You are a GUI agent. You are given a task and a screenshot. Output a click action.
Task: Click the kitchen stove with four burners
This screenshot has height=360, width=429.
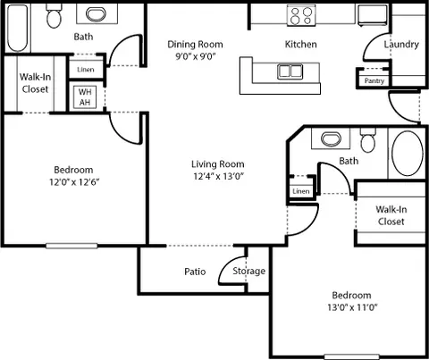click(301, 15)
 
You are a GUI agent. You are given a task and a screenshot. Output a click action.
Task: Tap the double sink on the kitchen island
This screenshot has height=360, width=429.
click(290, 71)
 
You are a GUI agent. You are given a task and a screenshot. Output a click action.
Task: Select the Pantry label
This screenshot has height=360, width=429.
click(374, 80)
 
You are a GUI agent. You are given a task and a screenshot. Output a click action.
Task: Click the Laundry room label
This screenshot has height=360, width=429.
click(401, 45)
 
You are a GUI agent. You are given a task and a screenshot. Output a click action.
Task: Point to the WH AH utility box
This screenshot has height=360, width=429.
click(85, 97)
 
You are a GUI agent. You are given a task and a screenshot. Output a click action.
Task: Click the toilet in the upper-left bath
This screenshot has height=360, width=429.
click(54, 15)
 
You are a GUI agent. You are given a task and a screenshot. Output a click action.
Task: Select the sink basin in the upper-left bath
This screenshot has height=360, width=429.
click(96, 14)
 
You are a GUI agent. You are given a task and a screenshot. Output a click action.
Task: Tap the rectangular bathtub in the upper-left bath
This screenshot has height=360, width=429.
click(18, 28)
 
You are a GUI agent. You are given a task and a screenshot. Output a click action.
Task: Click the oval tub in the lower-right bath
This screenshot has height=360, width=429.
click(408, 154)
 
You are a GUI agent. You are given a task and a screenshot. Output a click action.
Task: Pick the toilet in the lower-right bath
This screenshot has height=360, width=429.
click(368, 140)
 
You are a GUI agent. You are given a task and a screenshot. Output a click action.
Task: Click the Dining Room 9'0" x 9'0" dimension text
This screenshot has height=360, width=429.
click(195, 56)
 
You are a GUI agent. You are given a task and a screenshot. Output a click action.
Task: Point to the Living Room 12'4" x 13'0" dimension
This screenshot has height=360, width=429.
click(218, 176)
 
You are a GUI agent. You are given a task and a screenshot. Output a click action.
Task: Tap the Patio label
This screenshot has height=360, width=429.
click(195, 272)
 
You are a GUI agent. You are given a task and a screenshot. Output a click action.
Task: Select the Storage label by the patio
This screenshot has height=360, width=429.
click(248, 271)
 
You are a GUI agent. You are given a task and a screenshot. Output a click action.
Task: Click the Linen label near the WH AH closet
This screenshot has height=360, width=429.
click(86, 70)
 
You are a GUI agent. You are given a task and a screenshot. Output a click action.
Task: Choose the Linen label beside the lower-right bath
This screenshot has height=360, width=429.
click(301, 191)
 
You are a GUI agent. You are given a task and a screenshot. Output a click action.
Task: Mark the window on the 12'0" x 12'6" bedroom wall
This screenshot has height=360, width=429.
click(71, 246)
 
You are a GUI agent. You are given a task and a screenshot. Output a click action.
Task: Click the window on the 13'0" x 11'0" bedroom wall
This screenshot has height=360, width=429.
click(351, 356)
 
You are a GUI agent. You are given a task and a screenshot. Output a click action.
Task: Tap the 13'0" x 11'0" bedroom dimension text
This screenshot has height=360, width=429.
click(352, 307)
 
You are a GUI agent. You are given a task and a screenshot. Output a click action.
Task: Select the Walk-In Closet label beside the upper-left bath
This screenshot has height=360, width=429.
click(35, 83)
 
